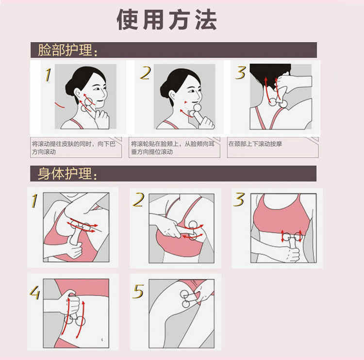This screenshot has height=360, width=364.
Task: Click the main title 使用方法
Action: pos(166,20)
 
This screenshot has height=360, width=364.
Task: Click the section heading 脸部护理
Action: pos(67,50)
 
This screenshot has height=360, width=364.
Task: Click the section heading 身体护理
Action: pos(67,173)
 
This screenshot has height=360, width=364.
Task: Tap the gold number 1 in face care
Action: pos(48,75)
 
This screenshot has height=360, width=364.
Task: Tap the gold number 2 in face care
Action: pos(146,73)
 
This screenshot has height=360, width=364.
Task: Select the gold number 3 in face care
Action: pos(241,73)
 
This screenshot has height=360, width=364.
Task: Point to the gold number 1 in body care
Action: pos(34,200)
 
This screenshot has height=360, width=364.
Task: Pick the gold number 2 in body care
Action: pos(138,199)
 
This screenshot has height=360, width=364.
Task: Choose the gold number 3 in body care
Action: pos(239,199)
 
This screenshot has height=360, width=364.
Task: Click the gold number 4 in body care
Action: pos(35,293)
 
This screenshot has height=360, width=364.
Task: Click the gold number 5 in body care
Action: pos(138,291)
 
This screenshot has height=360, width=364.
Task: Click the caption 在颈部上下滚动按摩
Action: pos(255,144)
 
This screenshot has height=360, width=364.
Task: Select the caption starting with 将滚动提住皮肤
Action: pos(74,148)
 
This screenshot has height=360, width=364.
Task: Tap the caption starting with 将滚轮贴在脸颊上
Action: pos(173,148)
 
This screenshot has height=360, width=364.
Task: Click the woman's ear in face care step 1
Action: pos(78,94)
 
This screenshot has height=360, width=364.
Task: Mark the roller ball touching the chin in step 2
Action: pos(198,107)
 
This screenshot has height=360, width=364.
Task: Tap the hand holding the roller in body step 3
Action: pos(293,255)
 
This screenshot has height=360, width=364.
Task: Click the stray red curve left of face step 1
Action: pos(59,105)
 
